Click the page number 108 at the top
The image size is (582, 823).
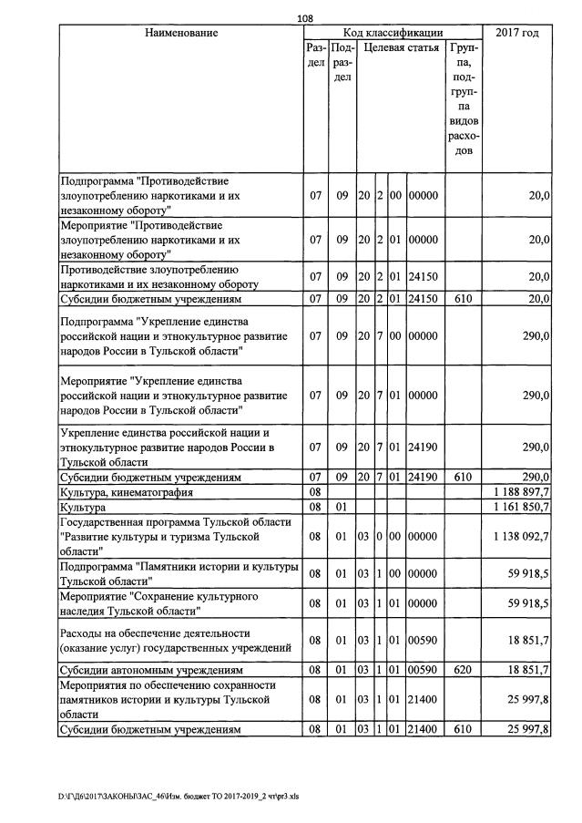[305, 16]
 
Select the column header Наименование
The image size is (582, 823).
[181, 34]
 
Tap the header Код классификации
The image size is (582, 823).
[393, 34]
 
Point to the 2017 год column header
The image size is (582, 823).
[516, 34]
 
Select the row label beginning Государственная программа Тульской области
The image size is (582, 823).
[176, 536]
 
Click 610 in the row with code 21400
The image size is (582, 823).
[464, 730]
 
